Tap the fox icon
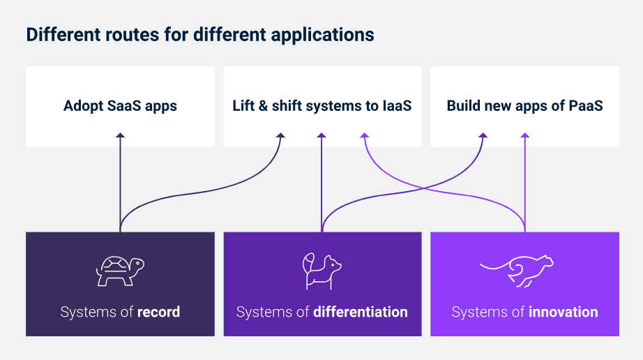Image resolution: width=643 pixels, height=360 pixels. point(321,271)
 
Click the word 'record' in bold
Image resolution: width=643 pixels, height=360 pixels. point(158,312)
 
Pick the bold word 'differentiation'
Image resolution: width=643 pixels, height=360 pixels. point(361,312)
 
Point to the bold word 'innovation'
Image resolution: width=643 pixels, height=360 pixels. point(563,312)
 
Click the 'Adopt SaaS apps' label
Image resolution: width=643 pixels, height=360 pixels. point(120,106)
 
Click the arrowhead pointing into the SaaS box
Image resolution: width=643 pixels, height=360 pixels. point(120,137)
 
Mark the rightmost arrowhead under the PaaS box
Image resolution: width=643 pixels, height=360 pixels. point(524,137)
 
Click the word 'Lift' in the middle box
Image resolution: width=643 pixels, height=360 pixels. point(243,106)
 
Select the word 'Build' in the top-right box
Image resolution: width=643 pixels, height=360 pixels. point(464,106)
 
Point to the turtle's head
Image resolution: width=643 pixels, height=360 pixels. point(138,264)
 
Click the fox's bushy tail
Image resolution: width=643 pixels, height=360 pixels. point(308,262)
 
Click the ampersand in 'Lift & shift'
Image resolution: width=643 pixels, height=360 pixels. point(264,106)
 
